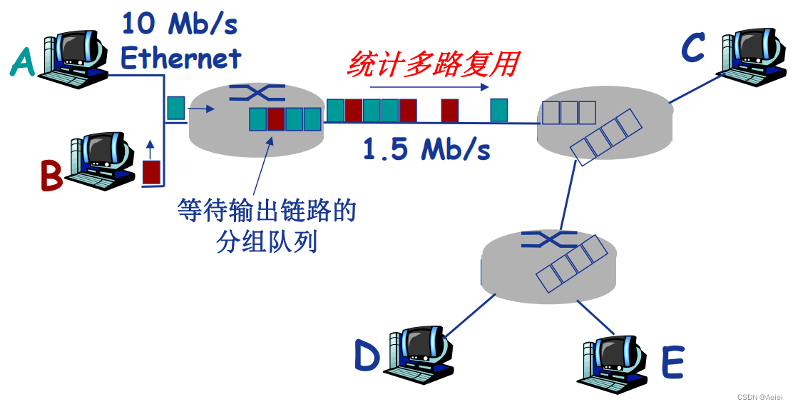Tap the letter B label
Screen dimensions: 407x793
pyautogui.click(x=51, y=176)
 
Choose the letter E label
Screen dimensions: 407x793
pyautogui.click(x=672, y=363)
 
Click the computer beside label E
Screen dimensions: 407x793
pyautogui.click(x=613, y=361)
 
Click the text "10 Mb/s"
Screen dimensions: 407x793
pyautogui.click(x=179, y=24)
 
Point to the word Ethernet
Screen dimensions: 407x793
pyautogui.click(x=181, y=57)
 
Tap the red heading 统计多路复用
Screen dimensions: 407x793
pyautogui.click(x=432, y=64)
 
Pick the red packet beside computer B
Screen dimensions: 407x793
pyautogui.click(x=151, y=172)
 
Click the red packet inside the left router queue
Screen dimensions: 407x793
pyautogui.click(x=276, y=119)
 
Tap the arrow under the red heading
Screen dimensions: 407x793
pyautogui.click(x=428, y=88)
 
